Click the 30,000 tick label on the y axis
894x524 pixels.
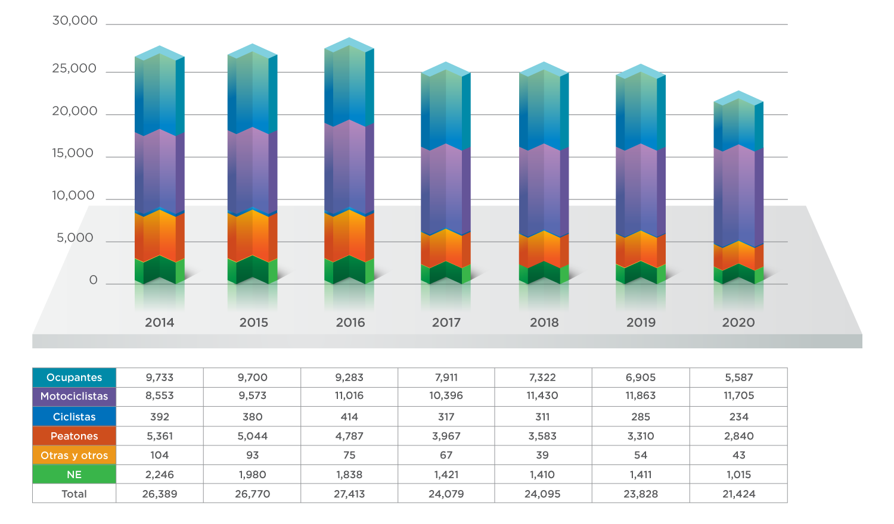74,21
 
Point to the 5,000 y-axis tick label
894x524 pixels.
75,238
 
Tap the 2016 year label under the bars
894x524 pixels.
350,323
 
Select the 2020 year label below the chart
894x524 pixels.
738,323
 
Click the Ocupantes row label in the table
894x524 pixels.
74,378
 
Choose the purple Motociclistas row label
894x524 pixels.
74,397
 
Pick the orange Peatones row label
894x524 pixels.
74,436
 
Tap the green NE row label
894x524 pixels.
74,475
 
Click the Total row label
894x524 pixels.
74,494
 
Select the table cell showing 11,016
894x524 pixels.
349,396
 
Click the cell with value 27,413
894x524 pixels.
349,494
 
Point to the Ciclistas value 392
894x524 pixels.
160,417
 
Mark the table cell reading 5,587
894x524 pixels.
738,378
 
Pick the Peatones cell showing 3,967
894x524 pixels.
446,436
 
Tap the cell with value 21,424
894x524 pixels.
738,494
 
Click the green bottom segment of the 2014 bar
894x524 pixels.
160,271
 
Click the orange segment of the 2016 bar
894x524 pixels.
349,235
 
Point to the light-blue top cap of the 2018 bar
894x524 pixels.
544,68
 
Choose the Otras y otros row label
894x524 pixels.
74,456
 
